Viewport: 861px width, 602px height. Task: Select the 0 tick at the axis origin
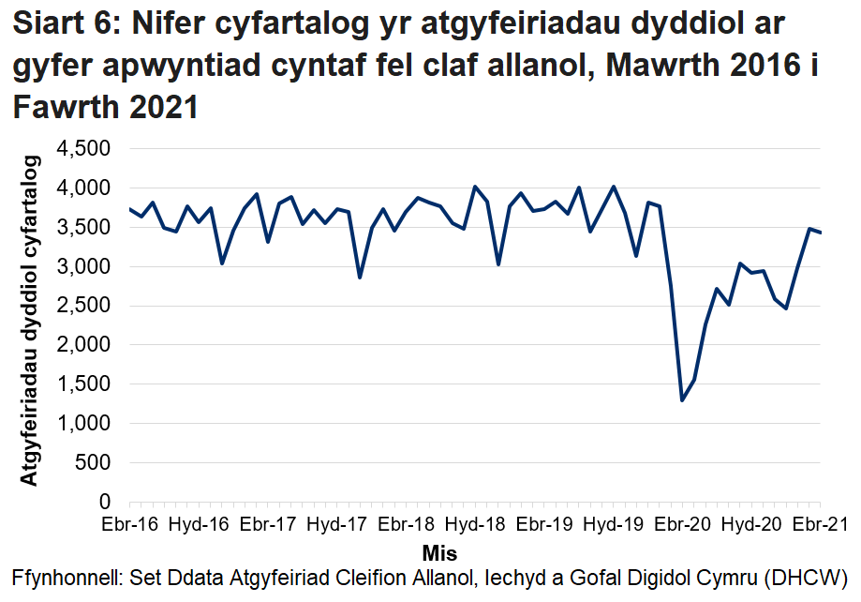[104, 503]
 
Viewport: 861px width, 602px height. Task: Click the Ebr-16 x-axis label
[129, 524]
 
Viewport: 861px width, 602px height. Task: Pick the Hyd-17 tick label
[336, 524]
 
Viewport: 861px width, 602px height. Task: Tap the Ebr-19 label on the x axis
[543, 524]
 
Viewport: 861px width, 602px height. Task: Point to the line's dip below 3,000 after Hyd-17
[360, 277]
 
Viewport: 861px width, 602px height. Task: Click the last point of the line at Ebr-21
[821, 233]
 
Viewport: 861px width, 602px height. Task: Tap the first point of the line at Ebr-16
[129, 208]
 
